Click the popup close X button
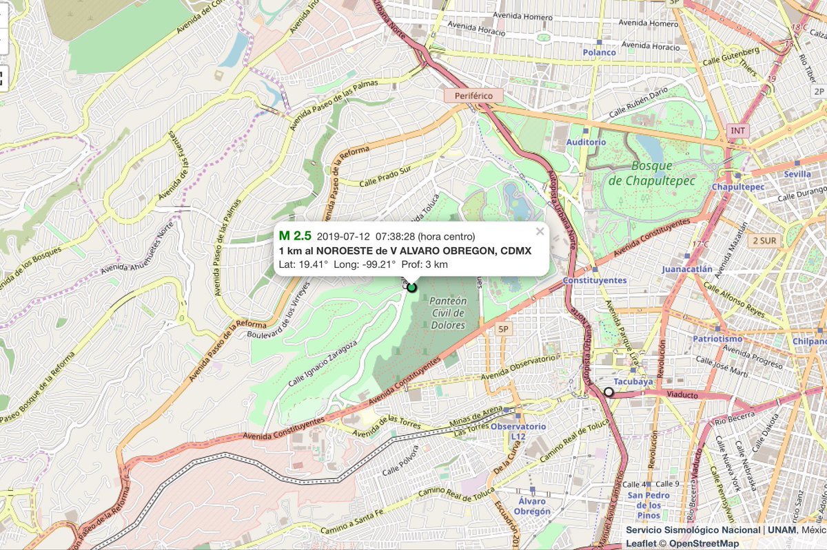[540, 231]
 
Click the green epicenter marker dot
[412, 287]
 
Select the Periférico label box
[473, 96]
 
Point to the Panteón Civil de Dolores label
[447, 313]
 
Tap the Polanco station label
[599, 52]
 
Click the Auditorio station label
[586, 142]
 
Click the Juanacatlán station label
[687, 269]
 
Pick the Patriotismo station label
[717, 339]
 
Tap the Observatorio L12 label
[518, 431]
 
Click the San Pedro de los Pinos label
[649, 505]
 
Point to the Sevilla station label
[797, 174]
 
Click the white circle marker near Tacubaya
[609, 392]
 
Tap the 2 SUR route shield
[765, 240]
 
